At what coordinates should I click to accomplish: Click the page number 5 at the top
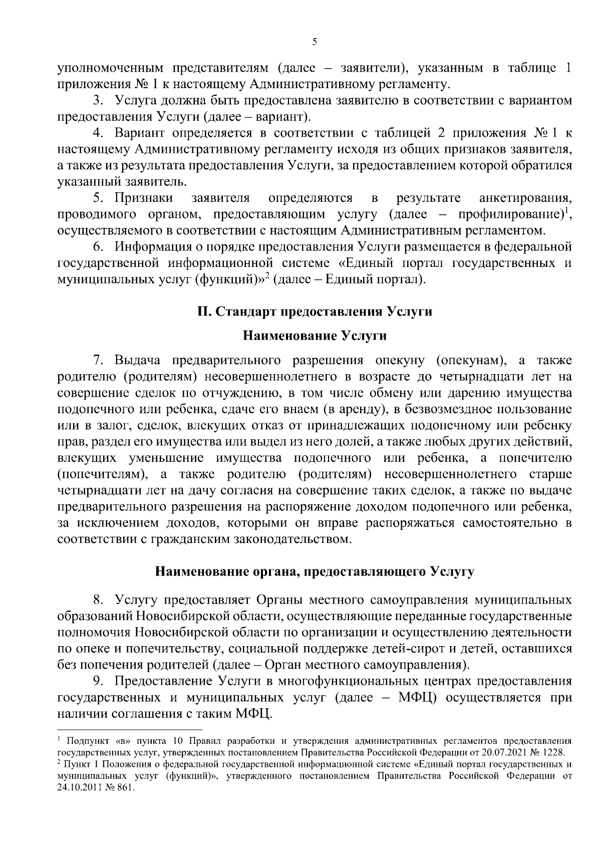[315, 43]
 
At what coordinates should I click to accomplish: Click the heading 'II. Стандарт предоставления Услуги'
[315, 312]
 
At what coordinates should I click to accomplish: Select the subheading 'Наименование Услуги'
[315, 336]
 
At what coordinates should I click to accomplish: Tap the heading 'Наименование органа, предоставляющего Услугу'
[315, 572]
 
